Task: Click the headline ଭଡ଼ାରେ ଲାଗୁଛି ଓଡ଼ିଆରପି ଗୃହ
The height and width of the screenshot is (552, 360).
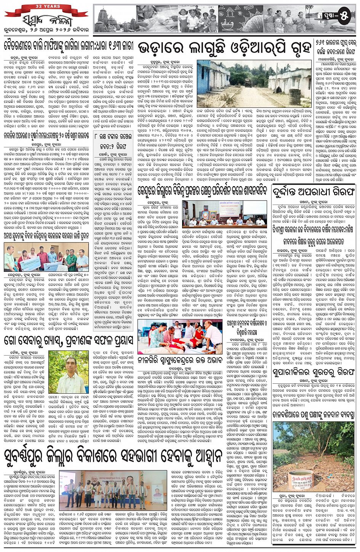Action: click(224, 48)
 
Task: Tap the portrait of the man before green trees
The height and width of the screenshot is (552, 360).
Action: click(69, 372)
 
